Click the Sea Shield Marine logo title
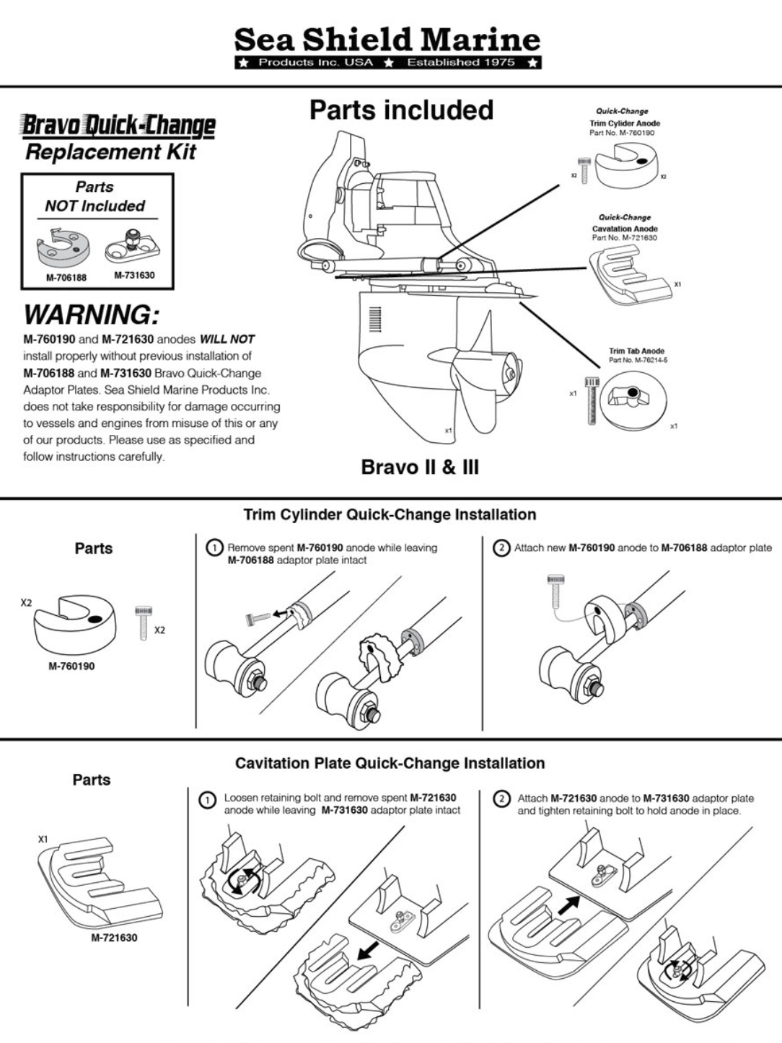(387, 40)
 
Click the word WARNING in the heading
(91, 315)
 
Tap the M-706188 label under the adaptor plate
(66, 277)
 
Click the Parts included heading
(401, 110)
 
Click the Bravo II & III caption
(419, 467)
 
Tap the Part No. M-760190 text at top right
(624, 133)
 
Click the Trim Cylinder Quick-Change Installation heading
(390, 515)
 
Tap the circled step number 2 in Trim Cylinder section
(501, 548)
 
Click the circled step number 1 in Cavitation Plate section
(208, 801)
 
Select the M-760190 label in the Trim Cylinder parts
(71, 666)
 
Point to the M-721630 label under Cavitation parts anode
(114, 938)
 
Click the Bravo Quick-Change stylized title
(119, 126)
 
